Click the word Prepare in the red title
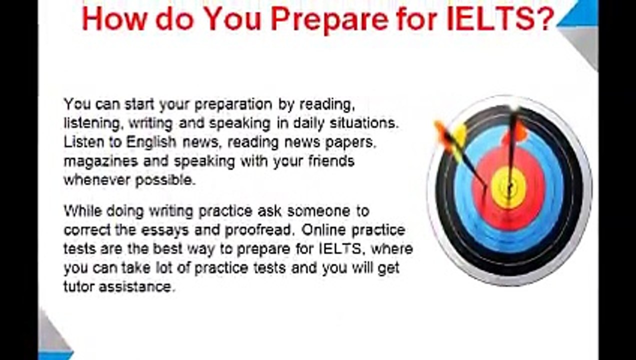(x=329, y=20)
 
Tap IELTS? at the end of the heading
(x=501, y=18)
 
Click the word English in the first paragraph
(x=151, y=142)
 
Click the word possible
(x=165, y=180)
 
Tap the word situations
(x=364, y=123)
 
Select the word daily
(x=308, y=123)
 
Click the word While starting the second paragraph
(x=83, y=211)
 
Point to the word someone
(x=318, y=211)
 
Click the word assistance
(x=135, y=286)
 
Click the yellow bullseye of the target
(x=508, y=187)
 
